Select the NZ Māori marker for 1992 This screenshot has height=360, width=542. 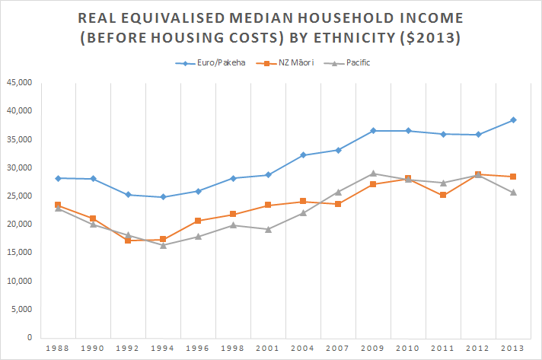pos(128,241)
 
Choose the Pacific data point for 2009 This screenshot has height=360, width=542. pos(373,174)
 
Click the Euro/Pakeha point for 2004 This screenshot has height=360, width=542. pos(303,155)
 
